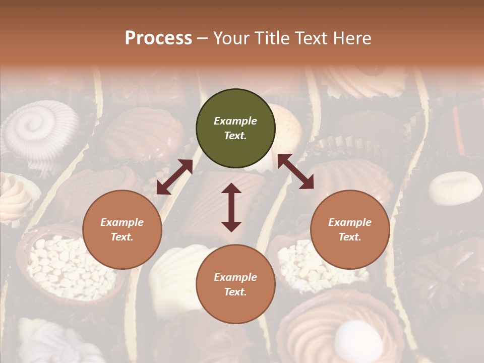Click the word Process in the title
(158, 38)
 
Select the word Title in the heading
(271, 38)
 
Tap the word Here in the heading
(351, 38)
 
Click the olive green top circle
(235, 129)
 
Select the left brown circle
(122, 229)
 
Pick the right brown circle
(350, 229)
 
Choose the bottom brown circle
(235, 284)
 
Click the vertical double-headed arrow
(231, 207)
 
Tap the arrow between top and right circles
(295, 171)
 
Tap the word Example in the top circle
(235, 121)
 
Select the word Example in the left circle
(122, 222)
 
